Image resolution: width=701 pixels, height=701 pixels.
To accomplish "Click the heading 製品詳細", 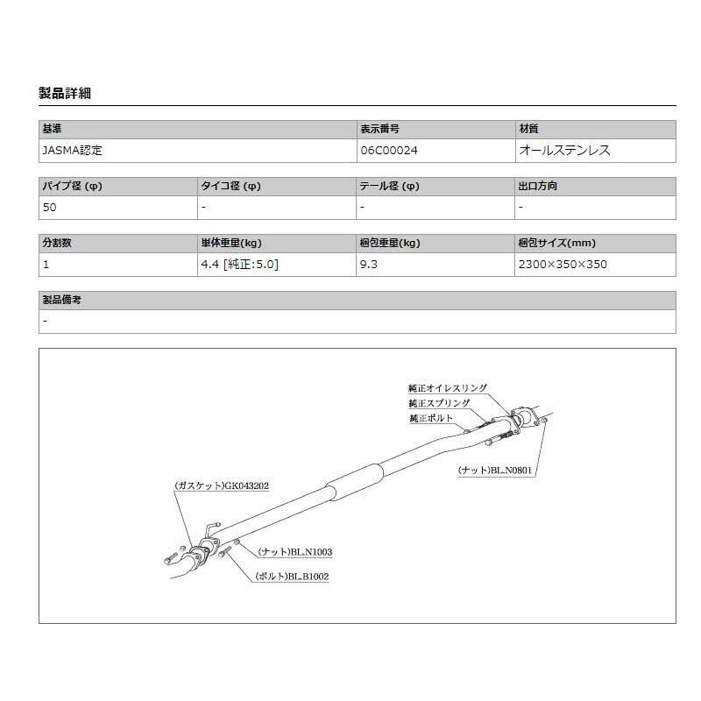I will pyautogui.click(x=66, y=93).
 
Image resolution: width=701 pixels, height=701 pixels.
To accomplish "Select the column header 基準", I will pyautogui.click(x=52, y=129).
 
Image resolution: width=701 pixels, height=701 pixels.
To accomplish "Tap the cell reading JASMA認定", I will pyautogui.click(x=72, y=150).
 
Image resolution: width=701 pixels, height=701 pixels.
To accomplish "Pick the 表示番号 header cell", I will pyautogui.click(x=379, y=129).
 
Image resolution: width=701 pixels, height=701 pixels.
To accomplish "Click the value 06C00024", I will pyautogui.click(x=388, y=150).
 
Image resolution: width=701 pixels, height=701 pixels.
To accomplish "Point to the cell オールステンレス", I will pyautogui.click(x=564, y=150).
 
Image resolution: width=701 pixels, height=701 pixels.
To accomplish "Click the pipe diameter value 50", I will pyautogui.click(x=49, y=208).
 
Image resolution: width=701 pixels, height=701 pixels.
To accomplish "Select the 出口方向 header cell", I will pyautogui.click(x=538, y=187).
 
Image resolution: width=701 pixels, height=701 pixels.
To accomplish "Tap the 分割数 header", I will pyautogui.click(x=57, y=244).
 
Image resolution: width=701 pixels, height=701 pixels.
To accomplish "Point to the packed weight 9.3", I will pyautogui.click(x=368, y=265).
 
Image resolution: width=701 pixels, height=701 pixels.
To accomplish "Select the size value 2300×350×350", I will pyautogui.click(x=563, y=265).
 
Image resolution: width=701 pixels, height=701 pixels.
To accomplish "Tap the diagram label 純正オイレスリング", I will pyautogui.click(x=447, y=387).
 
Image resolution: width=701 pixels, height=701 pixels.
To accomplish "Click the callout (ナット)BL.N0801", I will pyautogui.click(x=495, y=471).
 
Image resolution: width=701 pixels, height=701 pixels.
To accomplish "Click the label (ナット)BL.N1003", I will pyautogui.click(x=294, y=552).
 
